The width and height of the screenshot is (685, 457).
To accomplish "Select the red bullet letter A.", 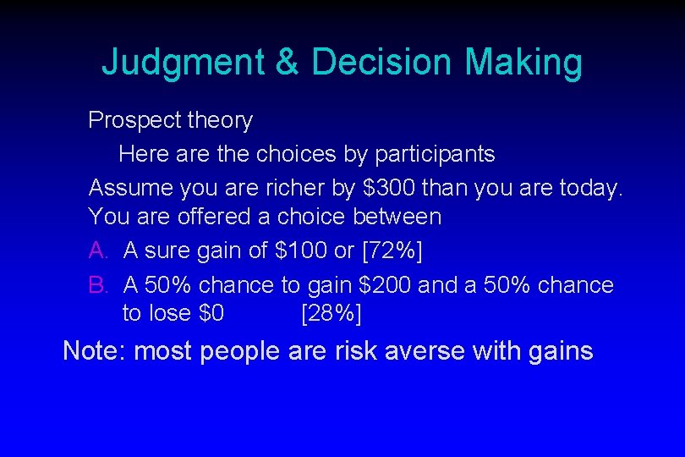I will tap(98, 250).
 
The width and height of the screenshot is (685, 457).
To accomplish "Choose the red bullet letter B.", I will tap(98, 285).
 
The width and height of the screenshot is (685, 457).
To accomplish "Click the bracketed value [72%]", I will tap(392, 250).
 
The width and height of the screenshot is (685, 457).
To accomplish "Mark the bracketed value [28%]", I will tap(331, 313).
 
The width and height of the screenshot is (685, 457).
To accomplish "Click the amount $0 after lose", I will tap(211, 313).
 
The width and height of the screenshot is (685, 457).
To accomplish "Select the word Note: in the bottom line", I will tap(94, 350).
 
